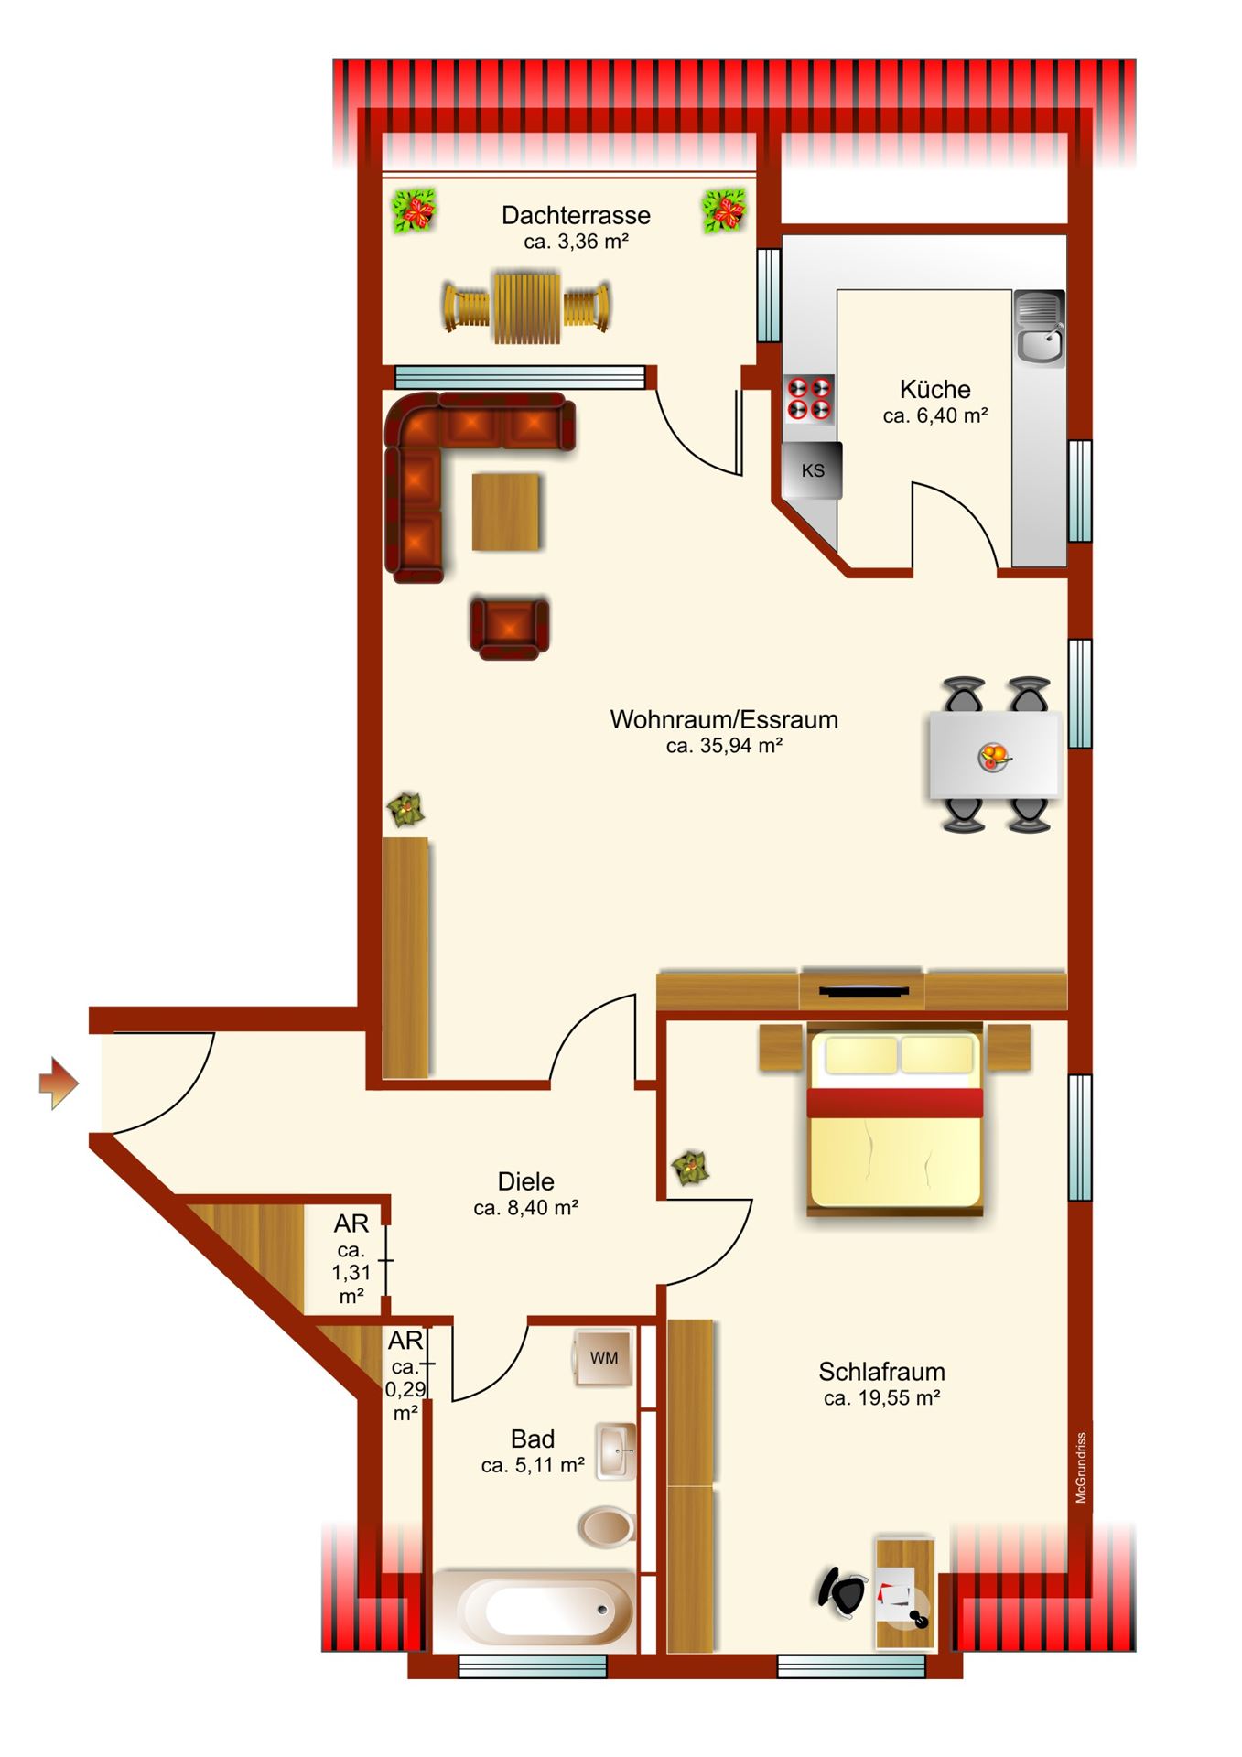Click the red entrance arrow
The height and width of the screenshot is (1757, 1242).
(x=59, y=1083)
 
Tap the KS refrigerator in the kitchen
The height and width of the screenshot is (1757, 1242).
(x=812, y=470)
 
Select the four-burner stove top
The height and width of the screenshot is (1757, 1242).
(x=810, y=399)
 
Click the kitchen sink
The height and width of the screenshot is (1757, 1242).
(x=1040, y=329)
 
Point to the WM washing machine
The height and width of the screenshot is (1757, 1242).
(x=603, y=1358)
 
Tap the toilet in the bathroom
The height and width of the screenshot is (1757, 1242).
(x=607, y=1525)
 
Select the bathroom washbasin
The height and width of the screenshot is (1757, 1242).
(x=616, y=1451)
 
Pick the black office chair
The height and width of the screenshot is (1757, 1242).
(x=843, y=1591)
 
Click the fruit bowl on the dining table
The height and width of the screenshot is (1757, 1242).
(x=995, y=757)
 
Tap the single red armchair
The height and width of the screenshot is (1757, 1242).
(x=510, y=628)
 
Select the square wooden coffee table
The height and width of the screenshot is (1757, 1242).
(x=506, y=512)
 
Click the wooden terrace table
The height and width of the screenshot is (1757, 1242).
(x=526, y=307)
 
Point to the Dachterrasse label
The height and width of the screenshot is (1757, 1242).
(x=576, y=216)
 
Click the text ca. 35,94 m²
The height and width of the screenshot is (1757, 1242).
(x=724, y=746)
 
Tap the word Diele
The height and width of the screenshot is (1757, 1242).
(x=526, y=1181)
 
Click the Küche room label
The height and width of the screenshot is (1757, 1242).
(x=934, y=390)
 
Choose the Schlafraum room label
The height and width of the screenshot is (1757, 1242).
(x=881, y=1372)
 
